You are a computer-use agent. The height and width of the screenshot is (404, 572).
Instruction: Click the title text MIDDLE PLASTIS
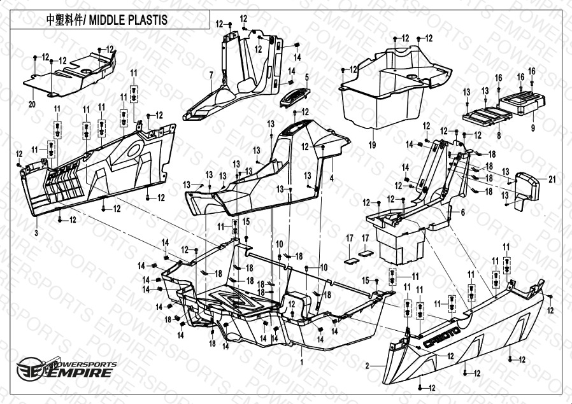click(x=127, y=20)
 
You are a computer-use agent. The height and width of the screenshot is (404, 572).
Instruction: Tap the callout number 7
click(x=210, y=75)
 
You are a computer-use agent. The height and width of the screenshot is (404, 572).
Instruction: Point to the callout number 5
click(x=306, y=78)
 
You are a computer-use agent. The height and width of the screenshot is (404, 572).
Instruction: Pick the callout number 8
click(x=499, y=135)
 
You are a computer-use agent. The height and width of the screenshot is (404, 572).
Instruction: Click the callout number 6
click(x=462, y=211)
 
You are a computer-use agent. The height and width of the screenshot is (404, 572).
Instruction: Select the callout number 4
click(x=332, y=178)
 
